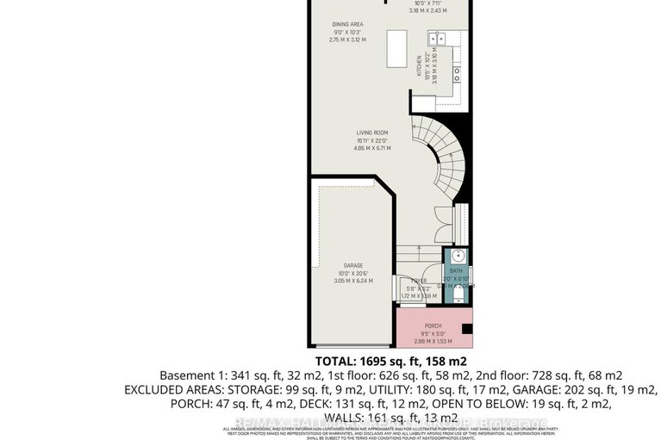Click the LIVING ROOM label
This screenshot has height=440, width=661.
click(x=374, y=133)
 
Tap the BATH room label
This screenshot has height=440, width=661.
click(x=457, y=269)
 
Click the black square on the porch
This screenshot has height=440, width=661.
click(x=467, y=328)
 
